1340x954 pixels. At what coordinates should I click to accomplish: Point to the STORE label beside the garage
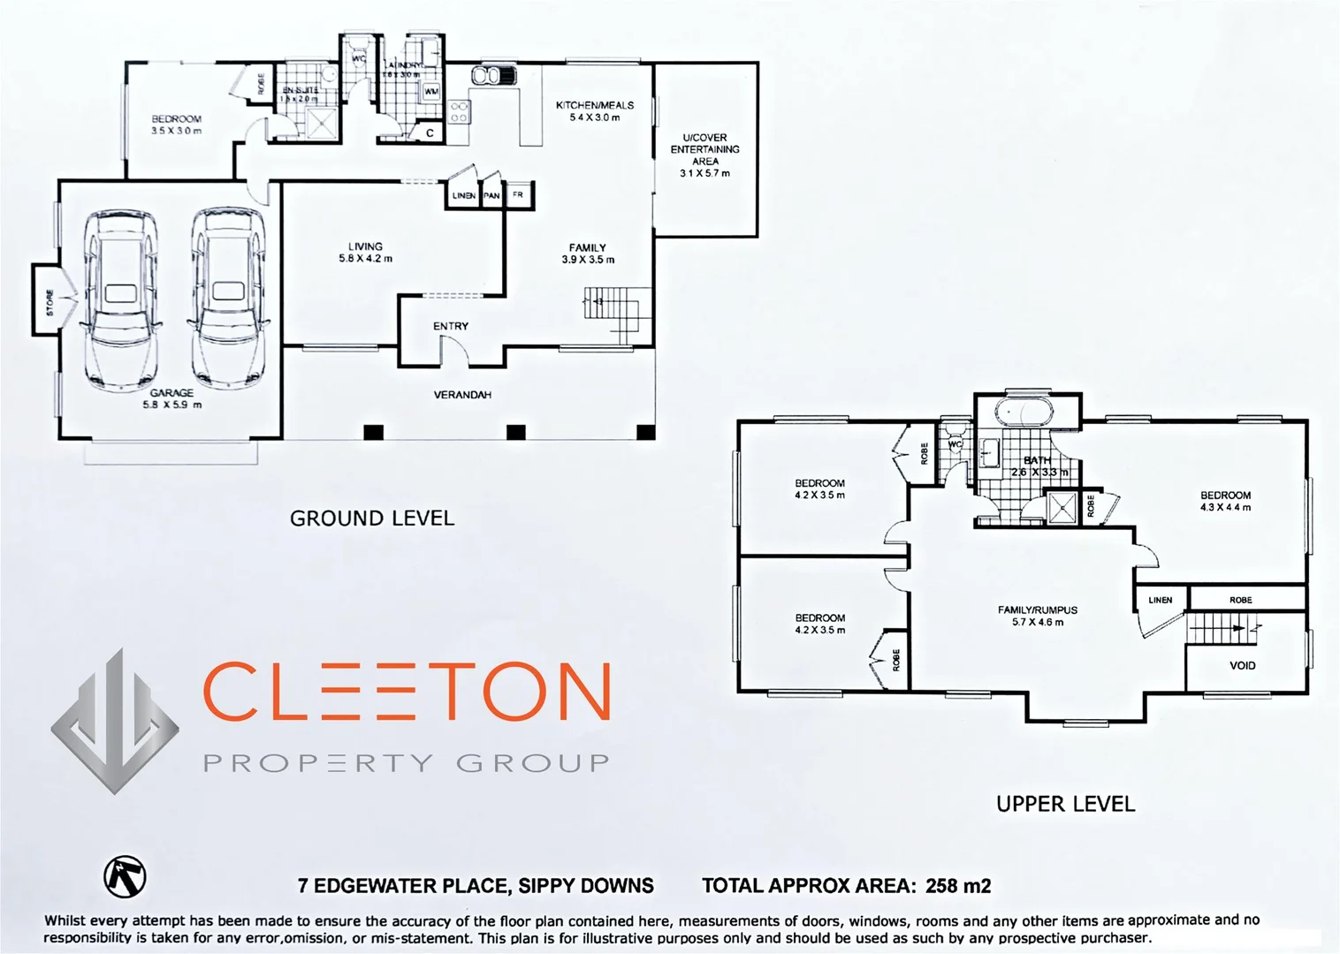[x=49, y=302]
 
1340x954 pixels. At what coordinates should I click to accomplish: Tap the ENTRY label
[x=451, y=326]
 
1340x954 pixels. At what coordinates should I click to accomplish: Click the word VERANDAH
[x=462, y=395]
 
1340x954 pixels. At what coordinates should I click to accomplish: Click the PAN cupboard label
[x=491, y=195]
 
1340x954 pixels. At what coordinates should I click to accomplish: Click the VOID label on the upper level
[x=1242, y=665]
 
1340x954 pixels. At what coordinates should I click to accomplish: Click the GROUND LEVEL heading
[x=372, y=519]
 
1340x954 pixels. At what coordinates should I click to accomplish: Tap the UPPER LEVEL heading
[x=1065, y=804]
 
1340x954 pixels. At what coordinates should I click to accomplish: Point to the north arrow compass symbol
[x=126, y=874]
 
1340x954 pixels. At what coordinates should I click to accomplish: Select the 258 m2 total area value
[x=958, y=885]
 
